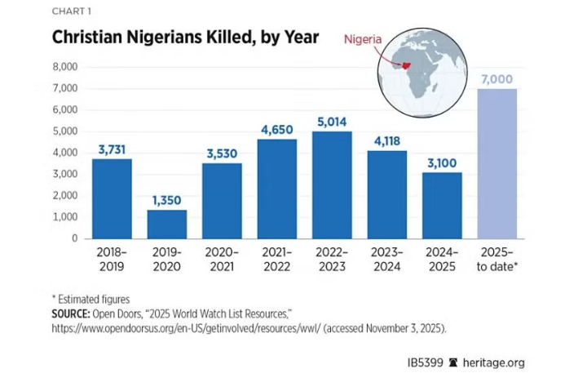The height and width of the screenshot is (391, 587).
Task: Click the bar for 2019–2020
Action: tap(166, 224)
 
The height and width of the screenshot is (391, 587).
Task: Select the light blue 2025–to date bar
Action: tap(497, 163)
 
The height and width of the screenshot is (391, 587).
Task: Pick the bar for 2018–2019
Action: tap(112, 198)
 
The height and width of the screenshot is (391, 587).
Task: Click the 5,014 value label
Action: tap(332, 122)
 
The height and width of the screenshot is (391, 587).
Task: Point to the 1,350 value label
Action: tap(166, 201)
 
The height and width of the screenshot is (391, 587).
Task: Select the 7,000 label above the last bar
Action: tap(497, 79)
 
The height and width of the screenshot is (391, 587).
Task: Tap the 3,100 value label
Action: tap(442, 163)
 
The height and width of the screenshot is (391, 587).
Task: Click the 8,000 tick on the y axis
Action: tap(64, 66)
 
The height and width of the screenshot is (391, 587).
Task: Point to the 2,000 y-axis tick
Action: tap(64, 196)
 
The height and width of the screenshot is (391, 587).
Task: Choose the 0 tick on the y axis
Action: tap(74, 239)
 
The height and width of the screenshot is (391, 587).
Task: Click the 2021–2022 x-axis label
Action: tap(276, 260)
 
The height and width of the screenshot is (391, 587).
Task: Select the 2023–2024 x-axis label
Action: tap(386, 260)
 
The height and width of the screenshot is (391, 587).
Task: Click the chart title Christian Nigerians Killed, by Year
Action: tap(185, 38)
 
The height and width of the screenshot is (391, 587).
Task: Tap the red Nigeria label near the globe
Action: tap(364, 38)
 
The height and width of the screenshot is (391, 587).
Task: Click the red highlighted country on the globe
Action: tap(401, 65)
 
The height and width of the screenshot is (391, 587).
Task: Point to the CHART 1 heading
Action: tap(72, 11)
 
